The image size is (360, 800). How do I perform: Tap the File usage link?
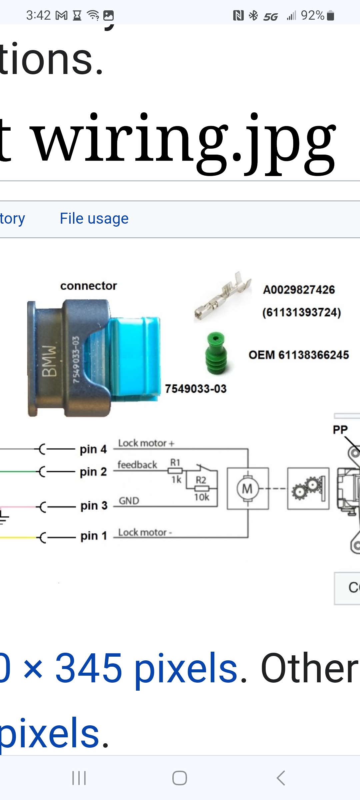tap(94, 219)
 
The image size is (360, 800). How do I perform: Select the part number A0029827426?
tap(299, 290)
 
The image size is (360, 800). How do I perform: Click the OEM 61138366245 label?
tap(299, 355)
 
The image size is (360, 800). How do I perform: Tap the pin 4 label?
tap(93, 449)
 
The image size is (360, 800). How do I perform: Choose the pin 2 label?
tap(93, 472)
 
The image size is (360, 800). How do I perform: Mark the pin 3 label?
tap(94, 506)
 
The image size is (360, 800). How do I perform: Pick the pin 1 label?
tap(93, 536)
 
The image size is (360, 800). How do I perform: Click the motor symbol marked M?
tap(248, 489)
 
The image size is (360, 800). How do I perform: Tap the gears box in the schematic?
tap(308, 488)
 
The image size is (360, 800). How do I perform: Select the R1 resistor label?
tap(175, 462)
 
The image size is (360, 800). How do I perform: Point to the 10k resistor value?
tap(202, 497)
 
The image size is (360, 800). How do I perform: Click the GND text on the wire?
tap(129, 501)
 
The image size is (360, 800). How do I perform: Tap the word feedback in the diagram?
tap(137, 465)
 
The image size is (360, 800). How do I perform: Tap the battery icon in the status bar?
tap(330, 15)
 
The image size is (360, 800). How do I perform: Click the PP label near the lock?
tap(340, 429)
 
